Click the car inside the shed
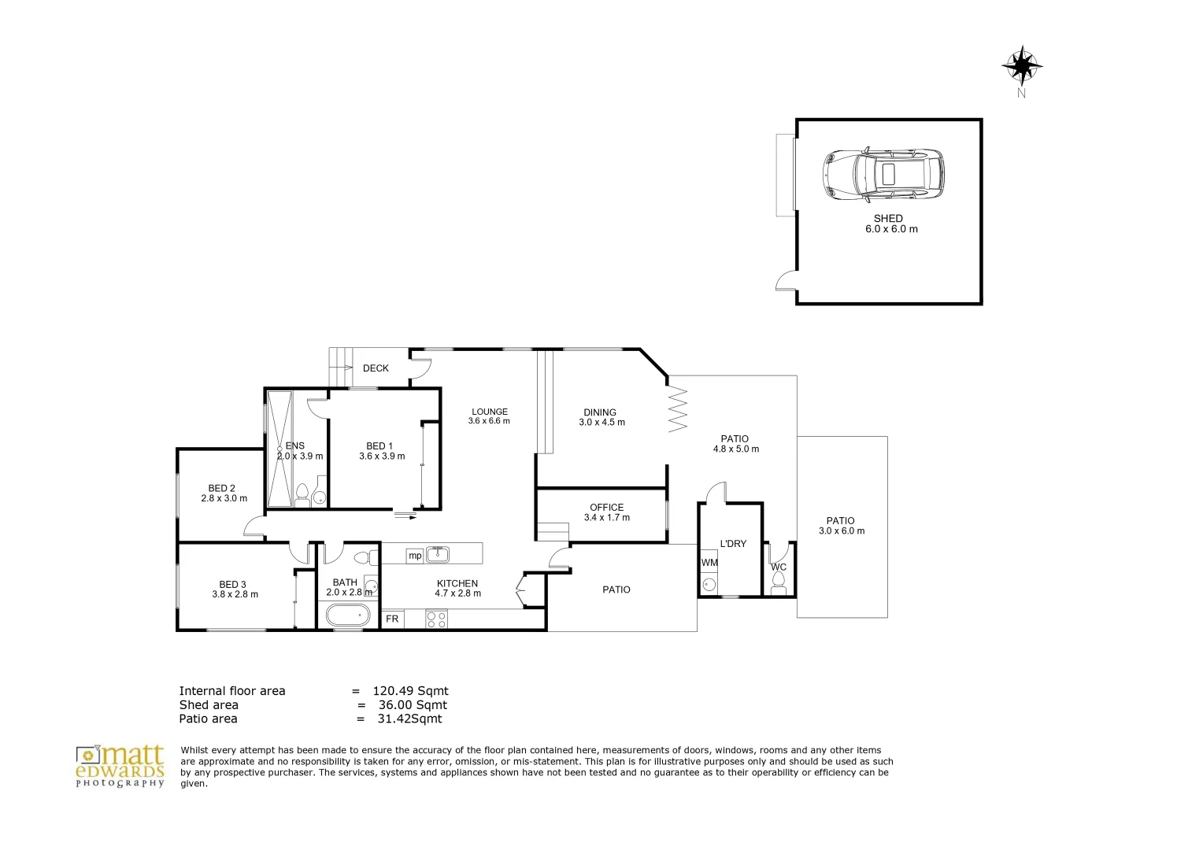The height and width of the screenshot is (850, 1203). click(883, 175)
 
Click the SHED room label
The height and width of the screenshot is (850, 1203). click(888, 219)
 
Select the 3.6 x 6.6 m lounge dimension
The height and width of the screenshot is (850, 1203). click(489, 421)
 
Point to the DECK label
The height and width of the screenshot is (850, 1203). click(376, 368)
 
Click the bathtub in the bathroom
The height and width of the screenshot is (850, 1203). click(348, 615)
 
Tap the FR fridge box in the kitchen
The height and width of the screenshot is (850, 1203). click(393, 619)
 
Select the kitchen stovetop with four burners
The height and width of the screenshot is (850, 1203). click(436, 619)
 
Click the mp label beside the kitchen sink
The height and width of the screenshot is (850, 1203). click(415, 556)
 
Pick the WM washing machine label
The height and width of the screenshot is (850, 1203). click(709, 563)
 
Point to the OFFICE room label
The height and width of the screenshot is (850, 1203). click(607, 508)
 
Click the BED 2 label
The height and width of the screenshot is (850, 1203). click(222, 488)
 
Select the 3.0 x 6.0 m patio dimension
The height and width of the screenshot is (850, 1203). click(842, 531)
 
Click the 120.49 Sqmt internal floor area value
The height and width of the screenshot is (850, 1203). click(411, 691)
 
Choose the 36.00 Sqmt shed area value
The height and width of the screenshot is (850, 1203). click(413, 705)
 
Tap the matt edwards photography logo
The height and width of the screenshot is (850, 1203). click(120, 767)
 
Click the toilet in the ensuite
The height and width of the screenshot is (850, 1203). click(302, 495)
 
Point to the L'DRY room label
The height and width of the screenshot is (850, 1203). click(733, 544)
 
